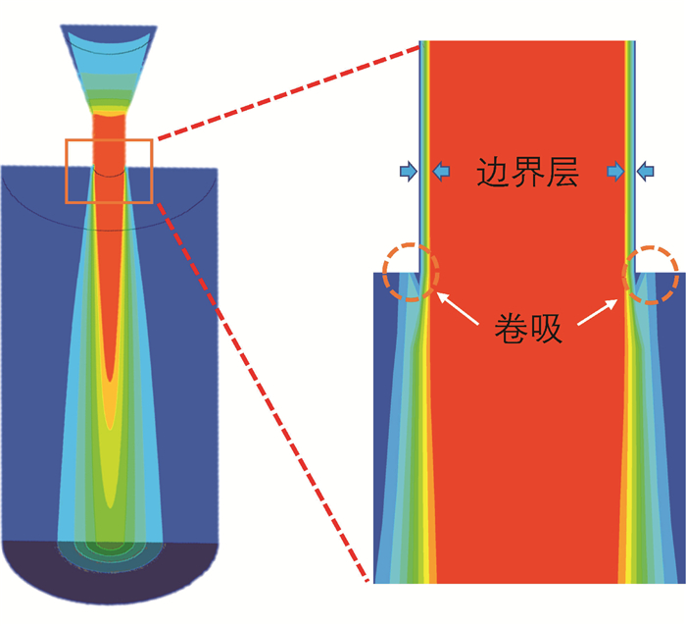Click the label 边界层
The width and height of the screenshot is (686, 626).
527,174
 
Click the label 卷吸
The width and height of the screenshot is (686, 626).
527,328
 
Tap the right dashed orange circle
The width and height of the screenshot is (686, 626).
651,274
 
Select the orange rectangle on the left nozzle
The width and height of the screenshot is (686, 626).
109,171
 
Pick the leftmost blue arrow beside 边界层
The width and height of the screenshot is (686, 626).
407,173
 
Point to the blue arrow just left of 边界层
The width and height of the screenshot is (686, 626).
444,173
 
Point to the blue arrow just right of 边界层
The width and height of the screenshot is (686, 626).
614,173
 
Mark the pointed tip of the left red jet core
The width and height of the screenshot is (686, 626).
110,378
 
